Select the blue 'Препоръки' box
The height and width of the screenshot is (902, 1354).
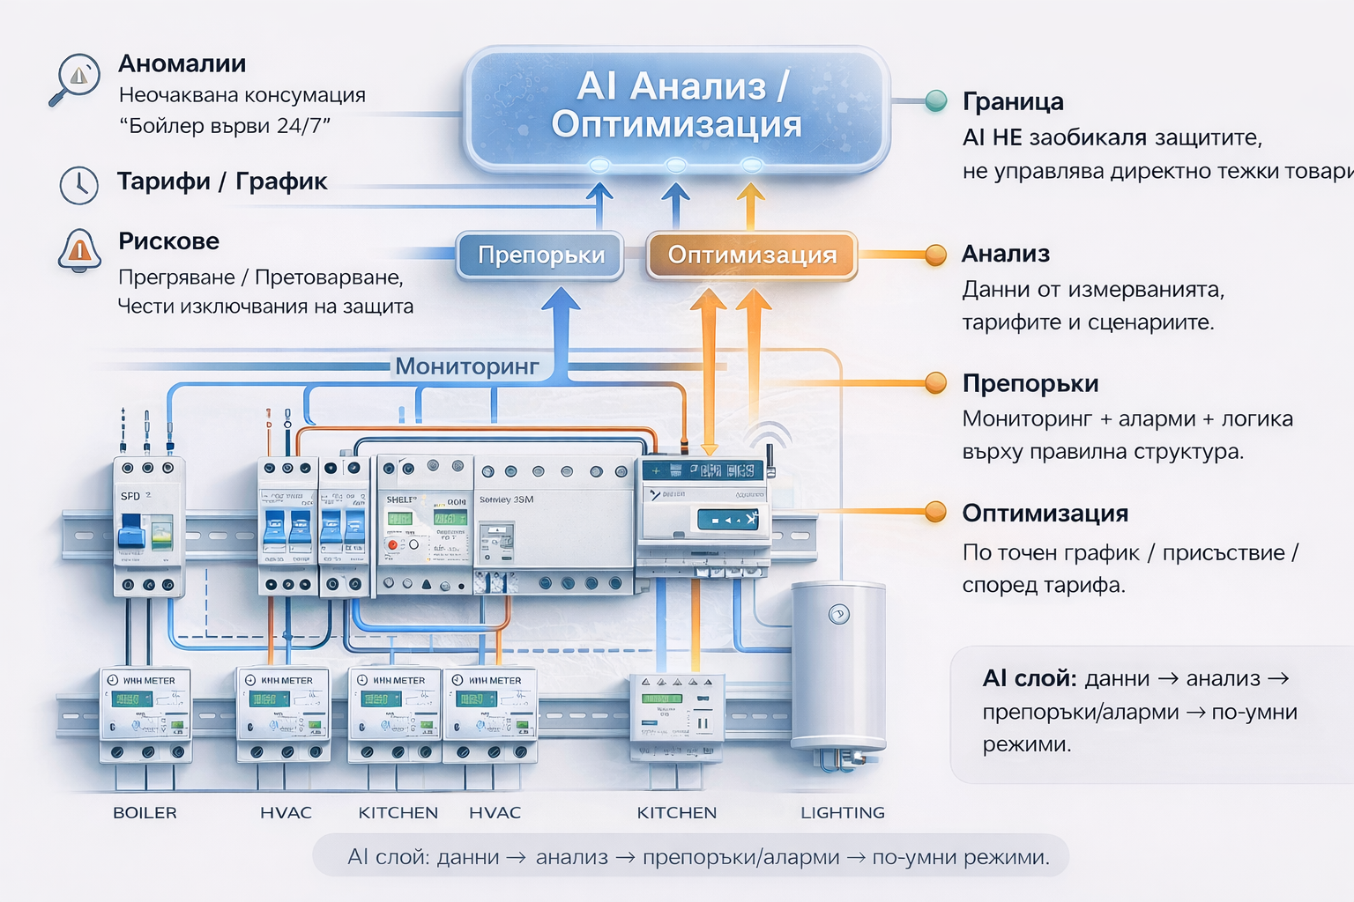coord(540,255)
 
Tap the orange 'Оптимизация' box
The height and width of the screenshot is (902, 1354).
coord(751,255)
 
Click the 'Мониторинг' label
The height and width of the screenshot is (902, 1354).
coord(466,366)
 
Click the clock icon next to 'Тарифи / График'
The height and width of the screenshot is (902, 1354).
coord(78,185)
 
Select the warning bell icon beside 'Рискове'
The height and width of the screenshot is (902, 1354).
coord(79,250)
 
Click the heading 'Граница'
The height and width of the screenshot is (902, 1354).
coord(1013,102)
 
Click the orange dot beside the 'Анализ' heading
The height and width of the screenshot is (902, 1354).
coord(935,255)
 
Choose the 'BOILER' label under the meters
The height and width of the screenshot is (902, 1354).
coord(145,813)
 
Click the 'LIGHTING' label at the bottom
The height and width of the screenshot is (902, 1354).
coord(842,813)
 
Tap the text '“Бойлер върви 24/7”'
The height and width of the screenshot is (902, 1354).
coord(224,126)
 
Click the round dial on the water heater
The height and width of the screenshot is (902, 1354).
coord(839,614)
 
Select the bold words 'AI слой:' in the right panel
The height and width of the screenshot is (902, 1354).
coord(1029,678)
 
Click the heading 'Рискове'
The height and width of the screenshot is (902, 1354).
coord(168,241)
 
